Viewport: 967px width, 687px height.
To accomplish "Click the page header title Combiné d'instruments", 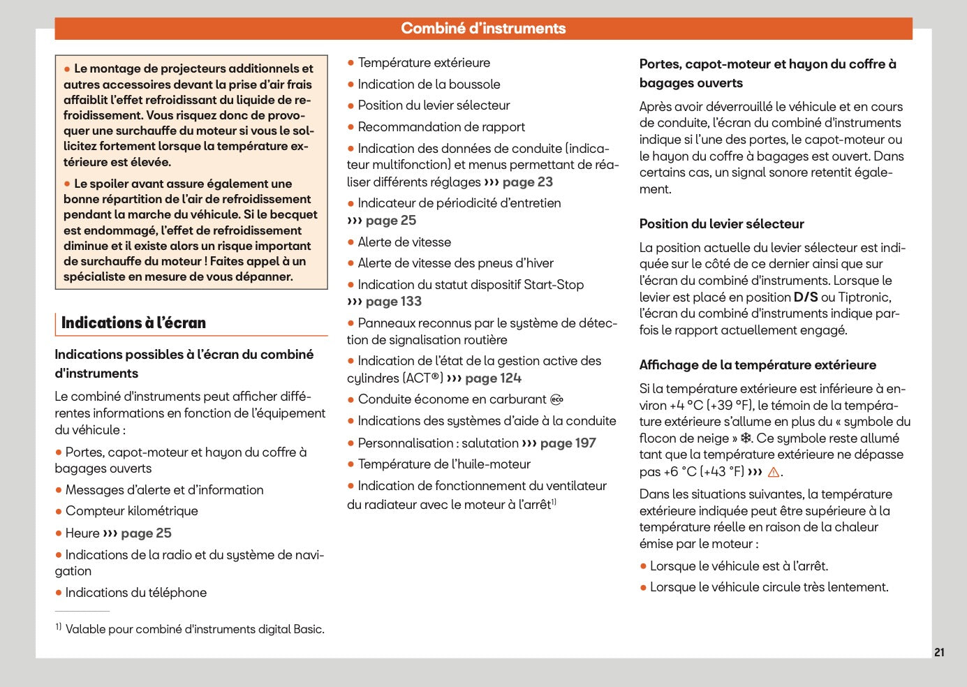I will pyautogui.click(x=483, y=29).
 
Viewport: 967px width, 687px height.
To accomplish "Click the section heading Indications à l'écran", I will pyautogui.click(x=133, y=323).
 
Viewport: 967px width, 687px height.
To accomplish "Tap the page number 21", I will pyautogui.click(x=939, y=652).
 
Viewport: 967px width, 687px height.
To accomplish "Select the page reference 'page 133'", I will pyautogui.click(x=393, y=302).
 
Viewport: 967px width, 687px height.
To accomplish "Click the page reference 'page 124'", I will pyautogui.click(x=493, y=378).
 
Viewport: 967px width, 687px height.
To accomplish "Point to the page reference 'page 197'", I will pyautogui.click(x=568, y=443).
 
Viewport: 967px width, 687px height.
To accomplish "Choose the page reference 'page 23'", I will pyautogui.click(x=527, y=182).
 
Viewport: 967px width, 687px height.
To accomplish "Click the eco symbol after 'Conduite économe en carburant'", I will pyautogui.click(x=556, y=400).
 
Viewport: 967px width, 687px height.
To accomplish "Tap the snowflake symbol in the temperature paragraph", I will pyautogui.click(x=746, y=438).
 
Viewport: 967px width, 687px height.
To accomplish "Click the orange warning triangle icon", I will pyautogui.click(x=773, y=473).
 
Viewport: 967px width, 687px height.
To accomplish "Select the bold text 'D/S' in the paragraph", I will pyautogui.click(x=805, y=297).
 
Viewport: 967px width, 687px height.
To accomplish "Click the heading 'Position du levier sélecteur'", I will pyautogui.click(x=721, y=224).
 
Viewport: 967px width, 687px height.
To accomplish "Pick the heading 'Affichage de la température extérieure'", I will pyautogui.click(x=758, y=365).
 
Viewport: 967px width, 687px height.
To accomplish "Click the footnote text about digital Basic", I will pyautogui.click(x=194, y=629).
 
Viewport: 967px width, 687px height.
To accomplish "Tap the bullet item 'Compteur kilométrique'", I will pyautogui.click(x=131, y=511).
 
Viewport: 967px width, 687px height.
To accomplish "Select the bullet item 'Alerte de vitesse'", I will pyautogui.click(x=404, y=242).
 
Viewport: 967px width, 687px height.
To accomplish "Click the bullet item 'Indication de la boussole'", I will pyautogui.click(x=429, y=84).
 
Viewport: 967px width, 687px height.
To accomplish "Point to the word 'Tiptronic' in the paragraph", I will pyautogui.click(x=864, y=297).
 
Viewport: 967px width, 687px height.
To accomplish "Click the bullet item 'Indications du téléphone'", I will pyautogui.click(x=135, y=593).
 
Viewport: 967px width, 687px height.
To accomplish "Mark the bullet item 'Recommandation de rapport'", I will pyautogui.click(x=441, y=127).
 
